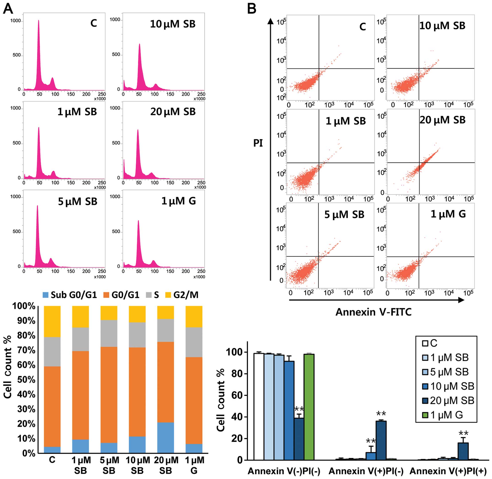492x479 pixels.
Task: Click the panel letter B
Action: (x=251, y=9)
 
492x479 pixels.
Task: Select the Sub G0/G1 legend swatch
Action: (x=46, y=295)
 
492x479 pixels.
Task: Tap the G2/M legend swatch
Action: (x=168, y=295)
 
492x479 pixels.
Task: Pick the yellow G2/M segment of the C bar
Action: (x=52, y=321)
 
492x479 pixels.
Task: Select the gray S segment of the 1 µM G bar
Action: (x=194, y=342)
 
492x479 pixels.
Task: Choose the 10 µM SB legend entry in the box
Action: (x=448, y=386)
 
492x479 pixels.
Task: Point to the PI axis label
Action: (x=258, y=143)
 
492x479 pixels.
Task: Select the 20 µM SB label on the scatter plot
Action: (x=442, y=120)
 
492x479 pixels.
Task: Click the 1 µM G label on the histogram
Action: (x=178, y=201)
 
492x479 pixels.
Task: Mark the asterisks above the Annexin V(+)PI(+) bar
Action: (x=464, y=433)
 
